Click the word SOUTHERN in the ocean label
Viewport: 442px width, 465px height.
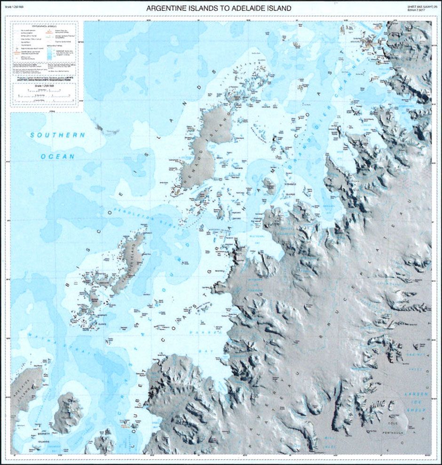57,135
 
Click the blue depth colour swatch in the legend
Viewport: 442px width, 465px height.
50,54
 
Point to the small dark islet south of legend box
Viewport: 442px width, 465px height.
99,126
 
